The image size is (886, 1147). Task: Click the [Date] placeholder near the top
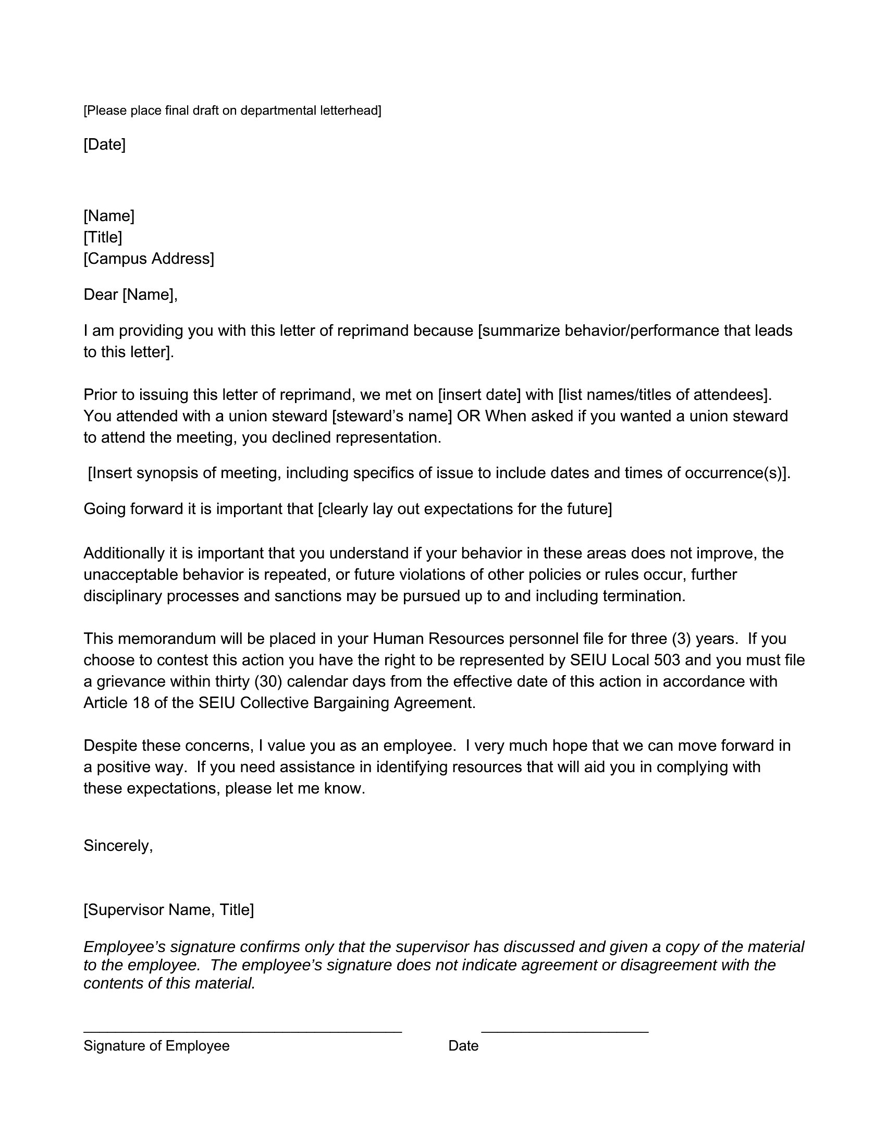point(104,144)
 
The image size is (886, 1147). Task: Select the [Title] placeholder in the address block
point(103,237)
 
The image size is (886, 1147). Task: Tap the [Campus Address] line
point(149,259)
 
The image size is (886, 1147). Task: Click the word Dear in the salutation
point(101,295)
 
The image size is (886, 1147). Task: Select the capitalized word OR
point(468,416)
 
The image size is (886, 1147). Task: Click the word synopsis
point(167,473)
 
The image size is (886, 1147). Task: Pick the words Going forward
point(134,509)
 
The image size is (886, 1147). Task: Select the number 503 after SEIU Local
point(667,660)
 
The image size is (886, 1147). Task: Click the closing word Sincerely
point(118,846)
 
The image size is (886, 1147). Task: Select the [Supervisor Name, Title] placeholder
point(168,910)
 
